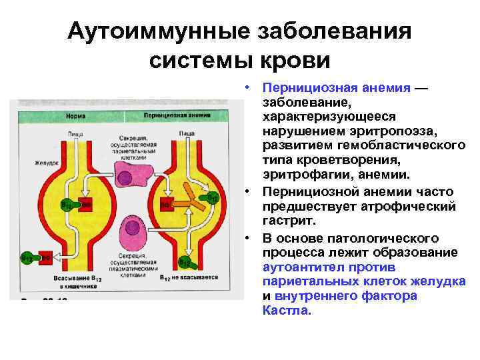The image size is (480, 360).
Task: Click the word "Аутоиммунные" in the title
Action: click(143, 31)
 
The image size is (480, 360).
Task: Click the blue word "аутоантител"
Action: click(303, 267)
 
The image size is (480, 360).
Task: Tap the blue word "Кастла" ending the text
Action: click(286, 310)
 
